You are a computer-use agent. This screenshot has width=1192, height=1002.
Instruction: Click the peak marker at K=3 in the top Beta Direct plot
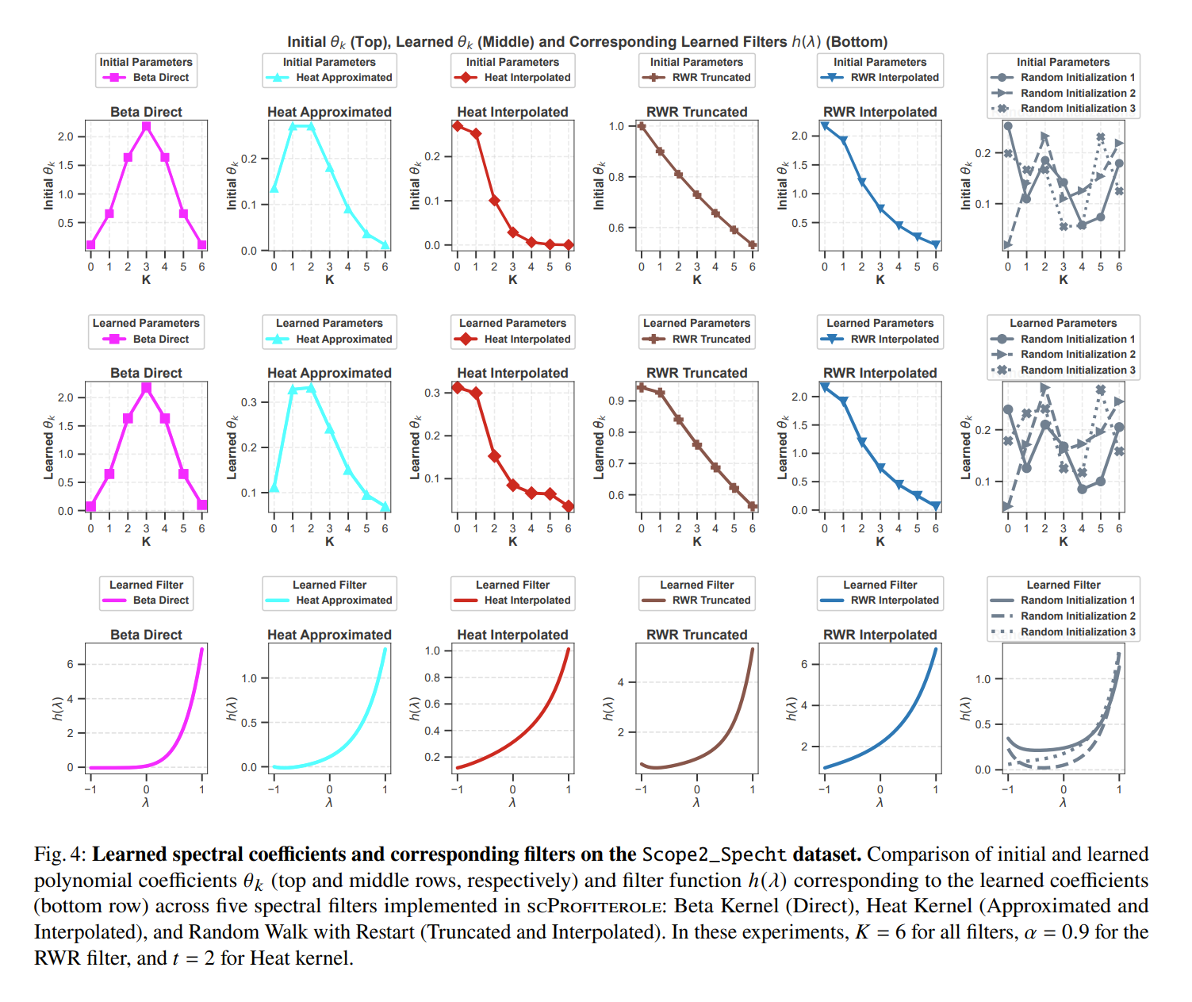point(146,126)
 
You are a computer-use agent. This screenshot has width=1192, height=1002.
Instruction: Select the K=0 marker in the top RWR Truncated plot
point(642,126)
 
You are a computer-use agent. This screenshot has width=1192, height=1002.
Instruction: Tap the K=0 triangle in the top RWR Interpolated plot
point(825,126)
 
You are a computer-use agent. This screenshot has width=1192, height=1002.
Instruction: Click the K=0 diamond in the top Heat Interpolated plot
point(458,126)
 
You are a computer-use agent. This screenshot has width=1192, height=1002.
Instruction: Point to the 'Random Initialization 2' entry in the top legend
point(1077,93)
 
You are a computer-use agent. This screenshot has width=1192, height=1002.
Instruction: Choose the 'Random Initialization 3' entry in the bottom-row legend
point(1077,632)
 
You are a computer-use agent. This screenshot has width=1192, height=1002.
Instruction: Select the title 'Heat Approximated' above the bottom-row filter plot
point(329,635)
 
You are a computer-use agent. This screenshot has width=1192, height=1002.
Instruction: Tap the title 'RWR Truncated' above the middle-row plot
point(696,373)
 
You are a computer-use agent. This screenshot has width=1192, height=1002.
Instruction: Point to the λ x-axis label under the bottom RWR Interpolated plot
point(880,803)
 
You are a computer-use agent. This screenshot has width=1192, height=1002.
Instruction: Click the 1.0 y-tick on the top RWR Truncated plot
point(617,126)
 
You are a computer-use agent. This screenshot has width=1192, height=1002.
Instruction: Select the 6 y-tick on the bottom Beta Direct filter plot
point(71,664)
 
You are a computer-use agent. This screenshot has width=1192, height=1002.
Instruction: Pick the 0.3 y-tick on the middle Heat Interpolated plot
point(432,393)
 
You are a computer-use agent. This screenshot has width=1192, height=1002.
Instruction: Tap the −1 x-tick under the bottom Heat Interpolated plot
point(457,789)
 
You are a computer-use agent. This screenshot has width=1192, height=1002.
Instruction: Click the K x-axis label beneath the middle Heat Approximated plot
point(329,542)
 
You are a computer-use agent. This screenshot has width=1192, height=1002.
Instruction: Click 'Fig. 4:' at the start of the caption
point(60,854)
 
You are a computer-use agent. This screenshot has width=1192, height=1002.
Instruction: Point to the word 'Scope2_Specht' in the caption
point(714,854)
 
